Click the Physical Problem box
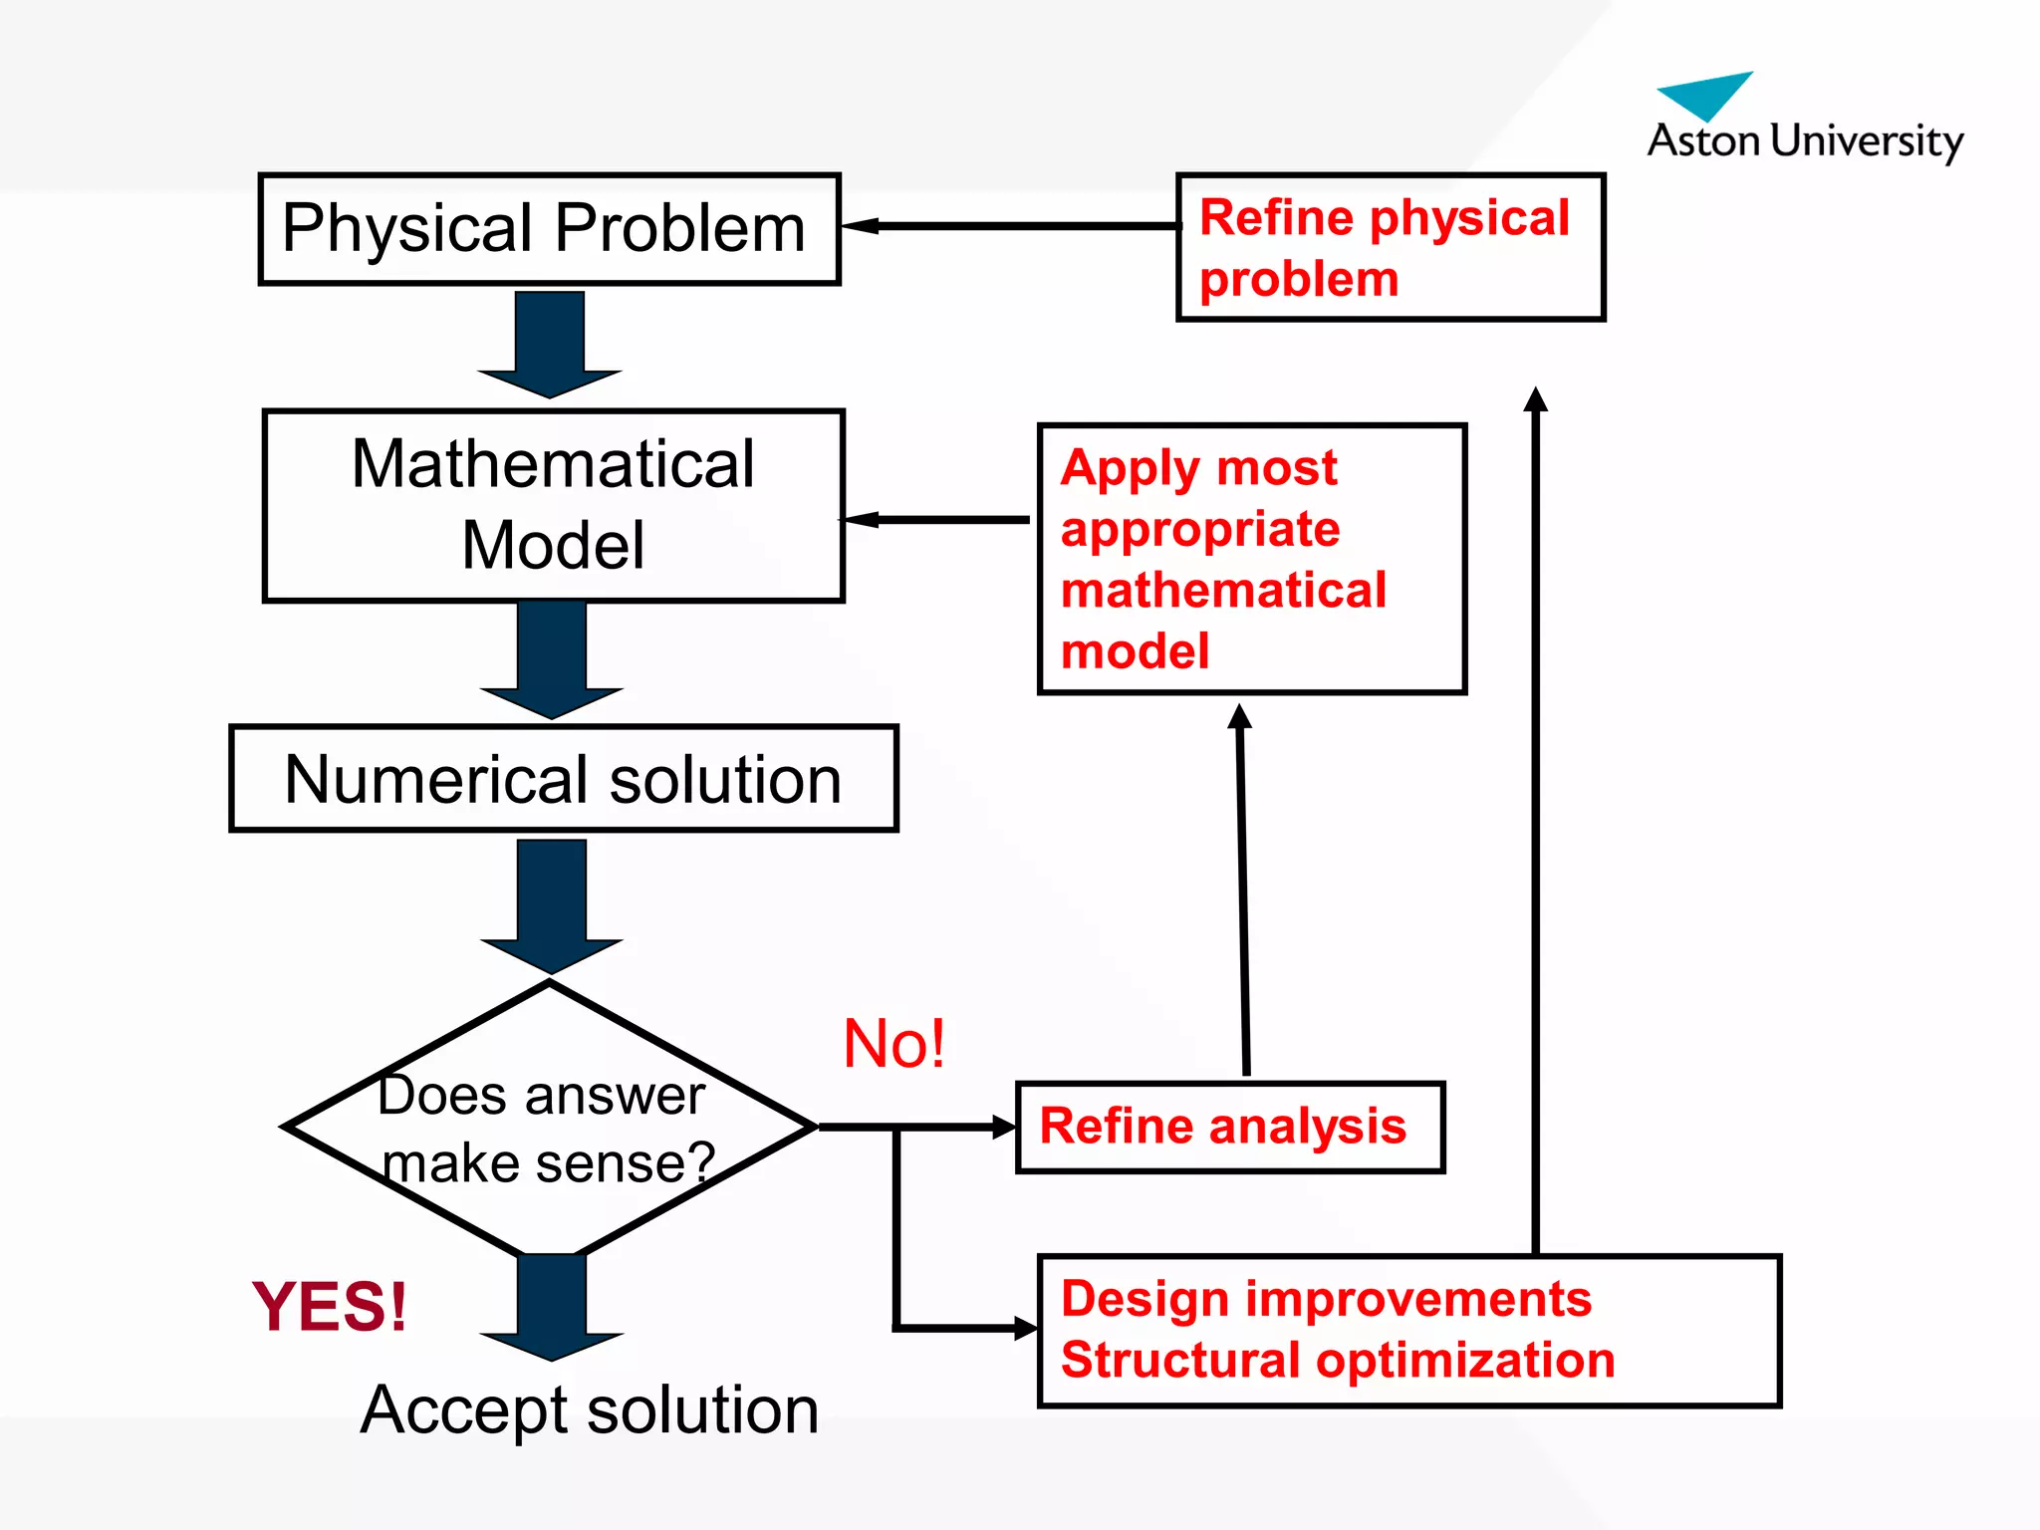549,229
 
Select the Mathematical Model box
553,505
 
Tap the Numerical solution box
563,778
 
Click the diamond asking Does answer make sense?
548,1126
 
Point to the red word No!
893,1044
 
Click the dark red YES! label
330,1306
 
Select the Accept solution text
590,1409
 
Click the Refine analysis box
1229,1127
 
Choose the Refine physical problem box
1390,247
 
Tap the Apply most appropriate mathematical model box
1251,558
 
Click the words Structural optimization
1337,1361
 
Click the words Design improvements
1325,1299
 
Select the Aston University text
1804,140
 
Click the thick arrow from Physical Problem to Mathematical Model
550,344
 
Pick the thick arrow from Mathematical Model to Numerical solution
551,657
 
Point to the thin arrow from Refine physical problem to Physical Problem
1006,226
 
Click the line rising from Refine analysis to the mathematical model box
1243,896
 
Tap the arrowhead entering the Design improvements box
1025,1328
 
